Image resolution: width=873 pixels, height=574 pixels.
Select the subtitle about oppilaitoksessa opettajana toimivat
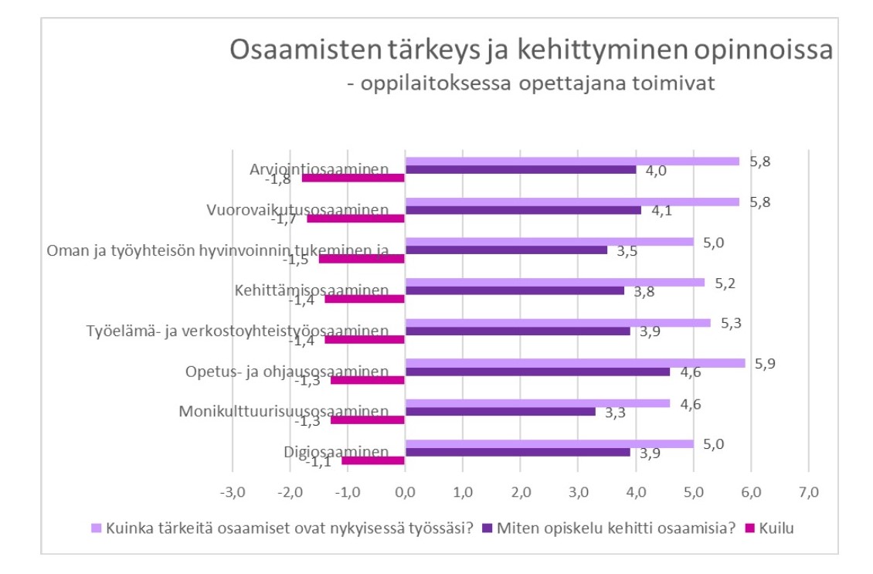[531, 83]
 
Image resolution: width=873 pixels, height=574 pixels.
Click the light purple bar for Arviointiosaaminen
[572, 161]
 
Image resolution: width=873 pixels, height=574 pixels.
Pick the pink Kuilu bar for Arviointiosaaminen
[353, 178]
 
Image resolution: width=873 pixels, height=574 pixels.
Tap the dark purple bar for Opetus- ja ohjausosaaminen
[537, 372]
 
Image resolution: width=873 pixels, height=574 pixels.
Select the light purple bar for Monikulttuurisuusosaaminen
[537, 402]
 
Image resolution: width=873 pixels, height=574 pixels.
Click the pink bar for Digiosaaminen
[373, 460]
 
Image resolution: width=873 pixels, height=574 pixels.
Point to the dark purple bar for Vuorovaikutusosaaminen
[523, 209]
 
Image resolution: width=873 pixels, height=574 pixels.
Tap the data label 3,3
[614, 413]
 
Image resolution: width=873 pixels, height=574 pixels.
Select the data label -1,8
[278, 179]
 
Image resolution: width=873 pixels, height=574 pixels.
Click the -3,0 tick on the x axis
[233, 491]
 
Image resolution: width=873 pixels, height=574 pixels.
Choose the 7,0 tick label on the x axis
[808, 491]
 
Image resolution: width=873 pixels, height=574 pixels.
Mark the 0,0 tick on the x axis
[405, 491]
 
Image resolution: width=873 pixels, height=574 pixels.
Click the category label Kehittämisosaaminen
[311, 290]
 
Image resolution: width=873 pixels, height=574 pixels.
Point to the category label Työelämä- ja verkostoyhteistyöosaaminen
[237, 331]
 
